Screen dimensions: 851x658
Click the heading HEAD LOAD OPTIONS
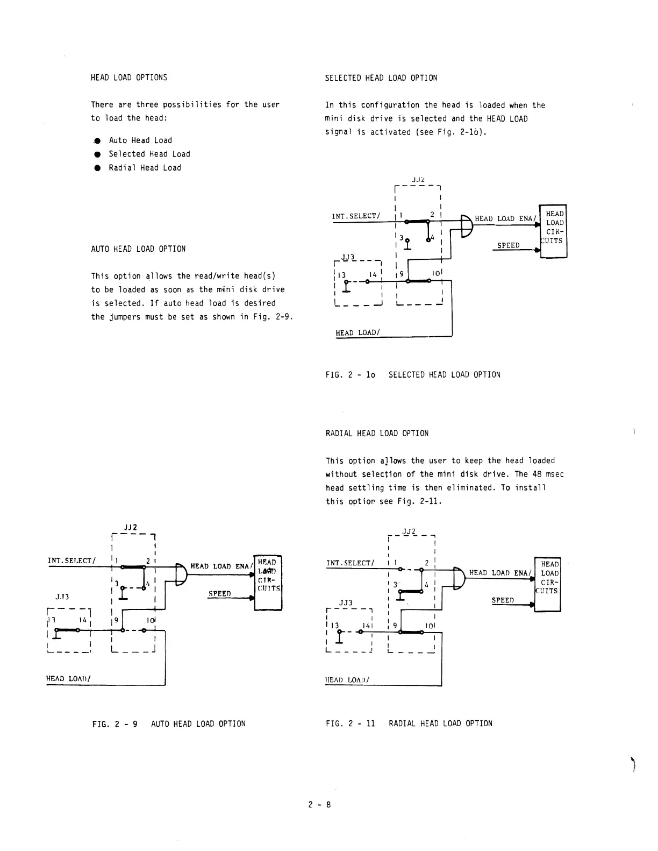(129, 77)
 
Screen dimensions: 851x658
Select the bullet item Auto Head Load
(140, 140)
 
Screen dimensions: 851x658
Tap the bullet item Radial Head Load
(145, 168)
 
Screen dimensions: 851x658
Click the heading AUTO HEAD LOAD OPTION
(138, 249)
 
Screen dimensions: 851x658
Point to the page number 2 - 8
(320, 805)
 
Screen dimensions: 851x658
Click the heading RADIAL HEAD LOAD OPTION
(377, 434)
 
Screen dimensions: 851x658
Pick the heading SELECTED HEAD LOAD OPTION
(381, 78)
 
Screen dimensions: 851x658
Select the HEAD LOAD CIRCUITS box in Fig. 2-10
(554, 231)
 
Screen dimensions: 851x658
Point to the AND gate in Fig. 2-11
(458, 579)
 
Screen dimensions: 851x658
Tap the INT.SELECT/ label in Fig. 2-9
(72, 561)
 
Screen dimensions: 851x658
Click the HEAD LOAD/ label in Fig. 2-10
(357, 333)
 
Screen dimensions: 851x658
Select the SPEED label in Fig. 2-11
(503, 600)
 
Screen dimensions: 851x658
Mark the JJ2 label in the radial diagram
(409, 531)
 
